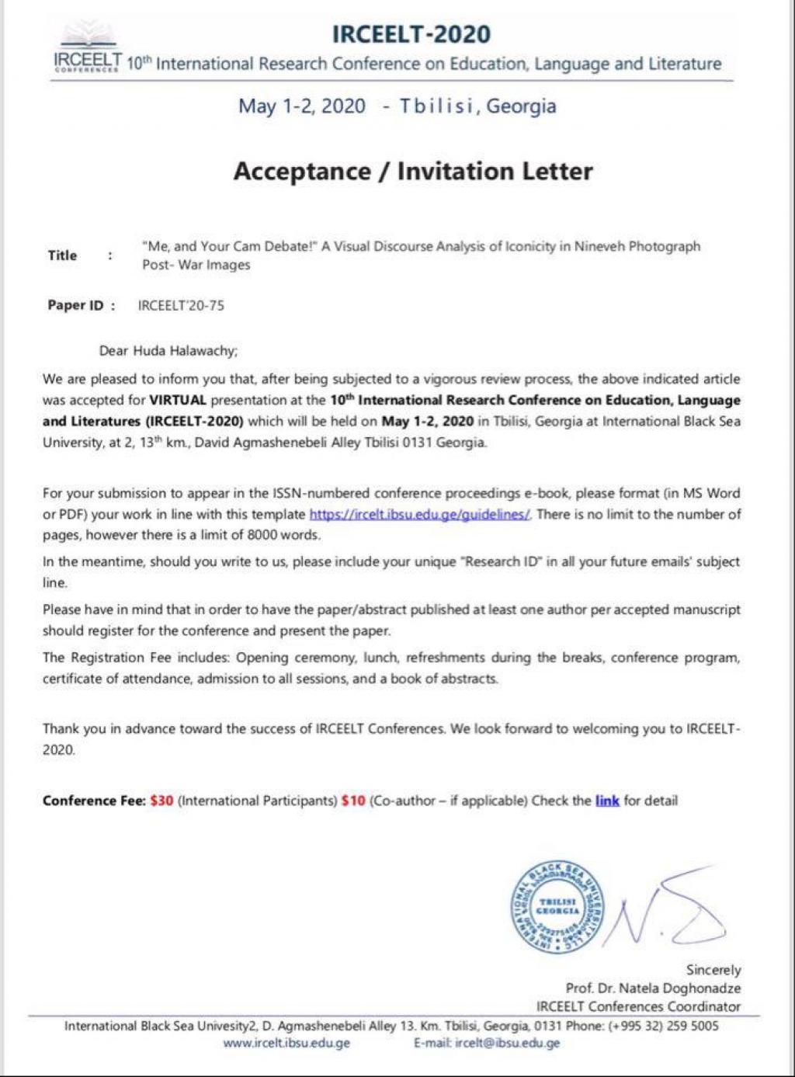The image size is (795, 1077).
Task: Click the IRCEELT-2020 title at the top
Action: (411, 34)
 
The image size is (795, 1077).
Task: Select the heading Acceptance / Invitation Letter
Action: (413, 171)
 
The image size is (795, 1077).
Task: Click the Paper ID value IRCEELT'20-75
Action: (181, 305)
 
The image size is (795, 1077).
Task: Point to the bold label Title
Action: (62, 255)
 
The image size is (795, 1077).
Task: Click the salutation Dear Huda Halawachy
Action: (168, 350)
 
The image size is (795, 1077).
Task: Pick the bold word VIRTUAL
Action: (178, 401)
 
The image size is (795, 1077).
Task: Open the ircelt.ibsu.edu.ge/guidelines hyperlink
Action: (420, 514)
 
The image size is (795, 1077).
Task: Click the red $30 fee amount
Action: (161, 801)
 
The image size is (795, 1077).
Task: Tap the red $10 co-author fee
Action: (352, 801)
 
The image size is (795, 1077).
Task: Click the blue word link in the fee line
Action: (607, 801)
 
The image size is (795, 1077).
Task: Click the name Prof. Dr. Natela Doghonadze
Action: (653, 988)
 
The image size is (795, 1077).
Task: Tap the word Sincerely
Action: (713, 970)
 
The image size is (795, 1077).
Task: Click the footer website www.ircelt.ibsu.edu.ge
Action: (286, 1043)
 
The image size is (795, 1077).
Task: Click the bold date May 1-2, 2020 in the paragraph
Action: (427, 422)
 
